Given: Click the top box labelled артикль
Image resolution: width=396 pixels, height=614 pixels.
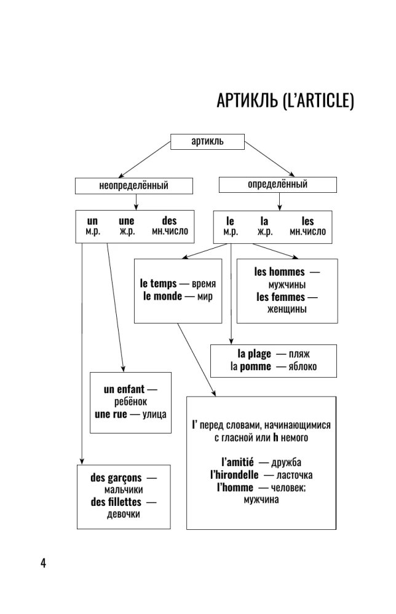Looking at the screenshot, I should (207, 141).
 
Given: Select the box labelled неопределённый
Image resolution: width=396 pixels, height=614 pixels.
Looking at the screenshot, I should (133, 185).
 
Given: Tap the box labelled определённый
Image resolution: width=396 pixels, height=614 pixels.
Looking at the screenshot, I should (277, 184).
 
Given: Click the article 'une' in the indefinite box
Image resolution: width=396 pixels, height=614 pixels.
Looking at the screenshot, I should (126, 221).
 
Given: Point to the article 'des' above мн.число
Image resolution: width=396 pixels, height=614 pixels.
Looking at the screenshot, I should (169, 221).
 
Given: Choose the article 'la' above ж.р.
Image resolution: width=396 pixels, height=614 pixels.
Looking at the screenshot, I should (264, 221).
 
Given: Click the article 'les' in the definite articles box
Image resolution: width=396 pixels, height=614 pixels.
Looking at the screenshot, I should (307, 221).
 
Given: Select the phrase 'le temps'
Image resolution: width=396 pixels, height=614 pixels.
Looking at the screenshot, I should (158, 284).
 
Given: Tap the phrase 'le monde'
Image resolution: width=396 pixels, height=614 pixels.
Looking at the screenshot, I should (162, 296).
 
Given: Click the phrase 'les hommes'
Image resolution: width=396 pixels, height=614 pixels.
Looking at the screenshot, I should (279, 272).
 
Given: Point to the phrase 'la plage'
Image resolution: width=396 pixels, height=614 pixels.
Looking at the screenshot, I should (254, 355).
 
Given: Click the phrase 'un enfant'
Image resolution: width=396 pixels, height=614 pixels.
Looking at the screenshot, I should (124, 390).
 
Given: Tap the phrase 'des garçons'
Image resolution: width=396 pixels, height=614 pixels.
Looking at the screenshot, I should (116, 478).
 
